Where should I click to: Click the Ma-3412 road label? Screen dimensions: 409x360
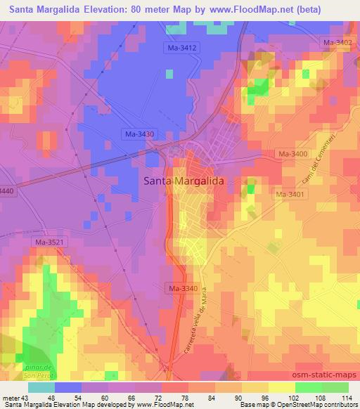[x=182, y=47]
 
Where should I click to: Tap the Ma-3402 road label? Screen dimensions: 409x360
[x=337, y=43]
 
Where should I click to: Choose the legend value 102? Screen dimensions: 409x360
[x=282, y=398]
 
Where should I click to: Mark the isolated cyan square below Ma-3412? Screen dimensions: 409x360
[x=168, y=72]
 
